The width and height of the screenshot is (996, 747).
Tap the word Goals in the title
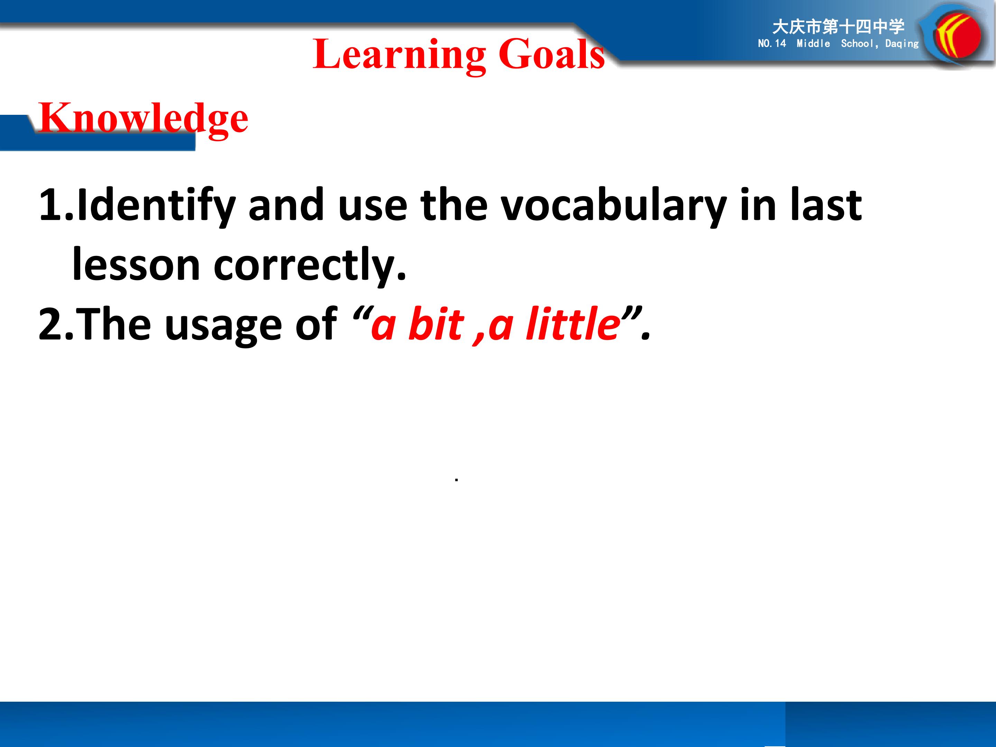[552, 54]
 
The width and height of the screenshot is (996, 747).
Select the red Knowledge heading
[144, 118]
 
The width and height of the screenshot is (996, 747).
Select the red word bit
[436, 323]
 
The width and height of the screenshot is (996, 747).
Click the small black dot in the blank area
[456, 480]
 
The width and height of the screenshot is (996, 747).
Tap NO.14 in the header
[772, 44]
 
